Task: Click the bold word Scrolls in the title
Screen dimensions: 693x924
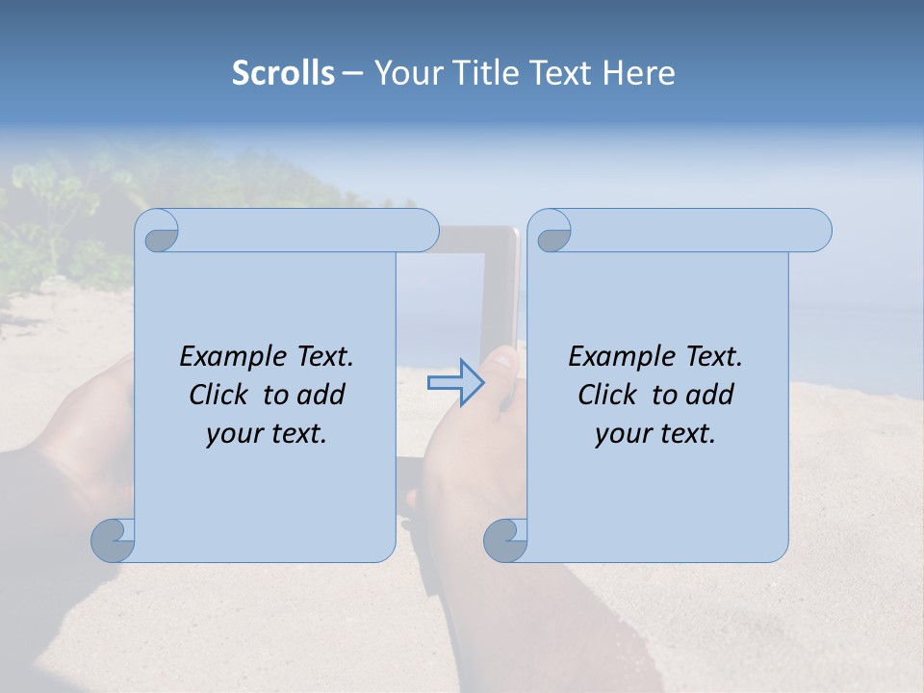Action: coord(283,73)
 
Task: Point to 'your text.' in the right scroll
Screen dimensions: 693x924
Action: coord(655,433)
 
